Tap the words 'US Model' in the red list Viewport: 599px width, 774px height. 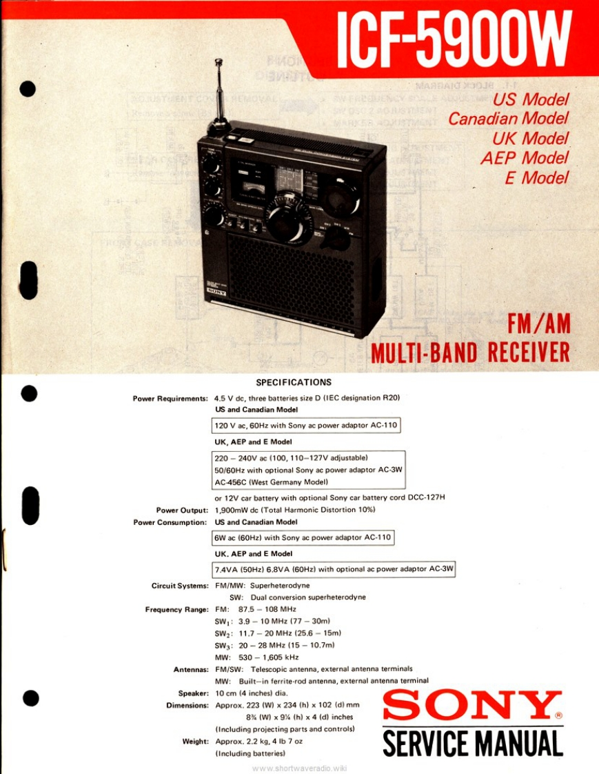coord(531,100)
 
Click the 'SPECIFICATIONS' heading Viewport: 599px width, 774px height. coord(294,382)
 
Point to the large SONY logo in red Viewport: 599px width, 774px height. coord(473,704)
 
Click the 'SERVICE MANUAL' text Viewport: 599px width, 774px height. coord(473,743)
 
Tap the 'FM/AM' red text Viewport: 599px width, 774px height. coord(538,324)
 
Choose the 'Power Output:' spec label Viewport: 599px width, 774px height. coord(182,510)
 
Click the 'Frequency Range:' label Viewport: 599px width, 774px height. coord(176,610)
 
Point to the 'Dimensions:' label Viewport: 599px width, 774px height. coord(187,705)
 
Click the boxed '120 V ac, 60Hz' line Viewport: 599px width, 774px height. coord(306,425)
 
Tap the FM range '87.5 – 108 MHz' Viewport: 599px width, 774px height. coord(267,610)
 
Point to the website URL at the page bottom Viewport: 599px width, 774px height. coord(299,768)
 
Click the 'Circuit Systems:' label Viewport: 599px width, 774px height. coord(180,586)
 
